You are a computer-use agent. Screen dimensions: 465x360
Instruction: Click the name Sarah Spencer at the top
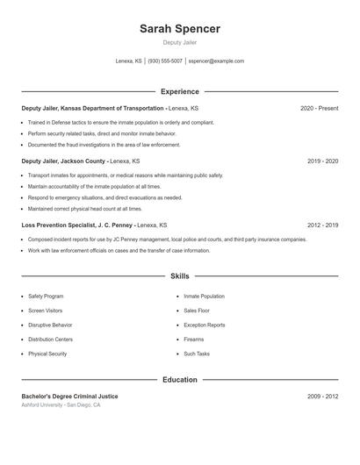coord(179,29)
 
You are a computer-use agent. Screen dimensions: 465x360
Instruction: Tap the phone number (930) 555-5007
coord(165,61)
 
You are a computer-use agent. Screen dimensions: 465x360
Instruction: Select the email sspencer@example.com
coord(216,61)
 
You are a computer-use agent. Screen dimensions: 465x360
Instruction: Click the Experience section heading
coord(179,91)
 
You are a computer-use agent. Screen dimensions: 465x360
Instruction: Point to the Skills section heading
coord(179,276)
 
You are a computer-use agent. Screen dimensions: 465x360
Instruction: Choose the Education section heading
coord(179,380)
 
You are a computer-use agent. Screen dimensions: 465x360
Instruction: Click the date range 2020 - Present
coord(319,108)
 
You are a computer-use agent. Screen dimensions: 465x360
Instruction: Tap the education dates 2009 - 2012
coord(322,397)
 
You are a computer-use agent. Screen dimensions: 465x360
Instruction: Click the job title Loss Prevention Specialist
coord(57,225)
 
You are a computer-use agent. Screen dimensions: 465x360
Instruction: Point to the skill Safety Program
coord(46,297)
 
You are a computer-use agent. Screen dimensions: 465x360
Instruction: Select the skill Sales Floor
coord(197,311)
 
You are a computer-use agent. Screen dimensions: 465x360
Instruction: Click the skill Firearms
coord(193,340)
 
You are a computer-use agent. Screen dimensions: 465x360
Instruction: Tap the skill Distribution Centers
coord(50,340)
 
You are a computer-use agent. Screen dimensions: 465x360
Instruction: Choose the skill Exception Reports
coord(204,325)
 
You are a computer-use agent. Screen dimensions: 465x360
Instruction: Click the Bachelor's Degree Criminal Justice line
coord(69,397)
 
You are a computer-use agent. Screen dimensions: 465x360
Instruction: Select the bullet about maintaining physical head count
coord(84,209)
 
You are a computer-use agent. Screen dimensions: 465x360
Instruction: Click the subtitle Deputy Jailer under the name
coord(179,42)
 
